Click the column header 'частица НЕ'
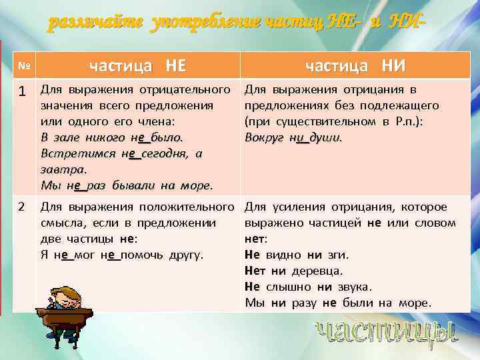pyautogui.click(x=138, y=65)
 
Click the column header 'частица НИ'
pyautogui.click(x=355, y=65)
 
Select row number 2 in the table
pyautogui.click(x=21, y=207)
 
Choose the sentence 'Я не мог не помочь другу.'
pyautogui.click(x=123, y=255)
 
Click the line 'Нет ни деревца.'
pyautogui.click(x=294, y=271)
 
